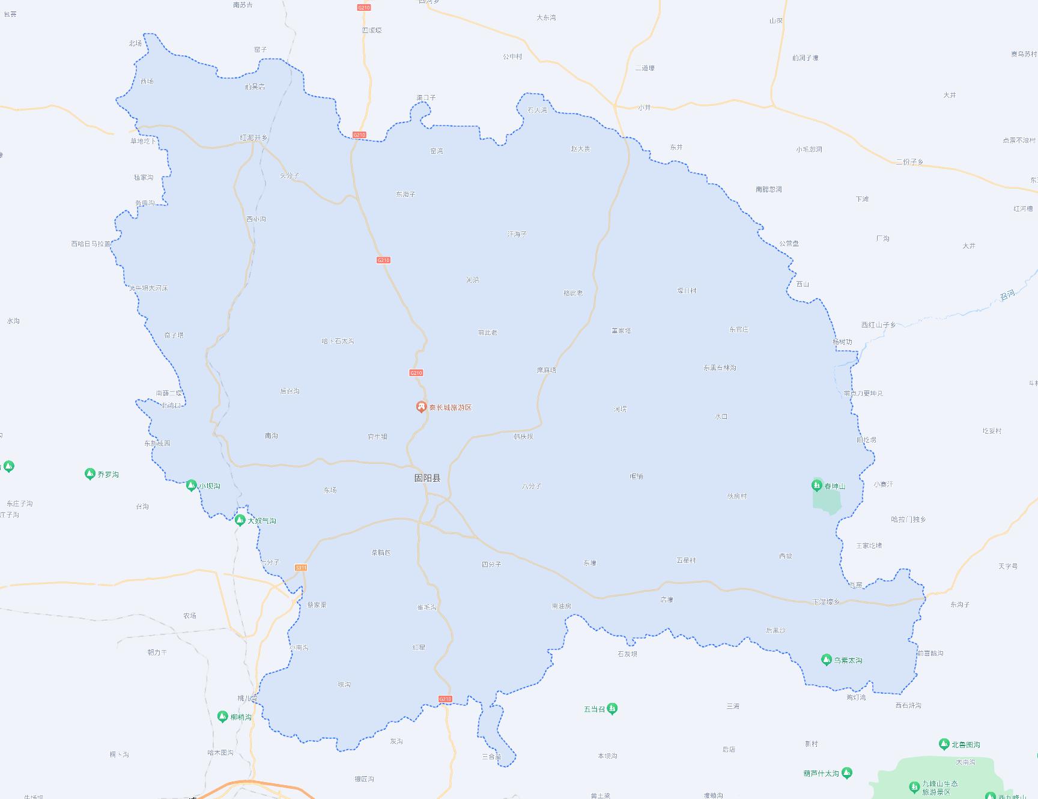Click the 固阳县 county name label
[427, 478]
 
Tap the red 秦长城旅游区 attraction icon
[421, 407]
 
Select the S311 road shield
[301, 568]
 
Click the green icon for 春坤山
[817, 485]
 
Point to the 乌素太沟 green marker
[826, 660]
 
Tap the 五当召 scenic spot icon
[612, 709]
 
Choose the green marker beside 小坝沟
[191, 485]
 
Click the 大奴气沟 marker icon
[240, 520]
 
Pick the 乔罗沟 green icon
[90, 474]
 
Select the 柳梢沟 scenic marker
[223, 716]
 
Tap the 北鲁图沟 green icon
[944, 744]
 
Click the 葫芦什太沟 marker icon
[846, 773]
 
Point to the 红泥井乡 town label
[253, 138]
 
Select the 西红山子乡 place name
[878, 325]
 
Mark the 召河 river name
[1007, 295]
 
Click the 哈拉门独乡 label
[908, 519]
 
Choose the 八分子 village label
[532, 486]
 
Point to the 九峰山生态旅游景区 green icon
[914, 786]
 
